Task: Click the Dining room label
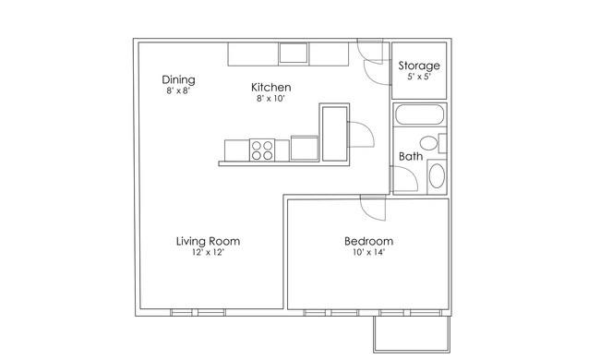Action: [178, 79]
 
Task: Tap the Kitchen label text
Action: [270, 87]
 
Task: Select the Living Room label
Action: [208, 242]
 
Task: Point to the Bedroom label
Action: [368, 241]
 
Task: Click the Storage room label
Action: [419, 66]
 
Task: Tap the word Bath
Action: [411, 156]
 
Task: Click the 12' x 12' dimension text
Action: [208, 253]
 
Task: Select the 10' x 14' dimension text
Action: [368, 252]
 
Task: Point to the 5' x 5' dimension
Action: [419, 77]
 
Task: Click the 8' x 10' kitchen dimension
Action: [270, 99]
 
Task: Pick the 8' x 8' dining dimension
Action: [178, 90]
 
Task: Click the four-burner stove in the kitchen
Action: [262, 150]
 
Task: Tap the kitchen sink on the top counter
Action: [294, 53]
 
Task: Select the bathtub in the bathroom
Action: [419, 114]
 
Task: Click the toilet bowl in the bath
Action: [428, 143]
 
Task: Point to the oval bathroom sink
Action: [437, 176]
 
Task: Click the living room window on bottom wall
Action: [198, 313]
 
